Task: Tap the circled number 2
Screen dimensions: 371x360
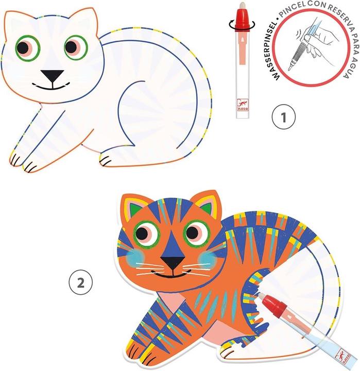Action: point(81,282)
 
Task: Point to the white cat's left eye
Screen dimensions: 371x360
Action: point(24,48)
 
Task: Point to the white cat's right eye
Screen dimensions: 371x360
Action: point(75,48)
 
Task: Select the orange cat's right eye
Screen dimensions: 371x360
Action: point(196,232)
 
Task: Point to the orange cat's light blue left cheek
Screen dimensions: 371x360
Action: point(136,257)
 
